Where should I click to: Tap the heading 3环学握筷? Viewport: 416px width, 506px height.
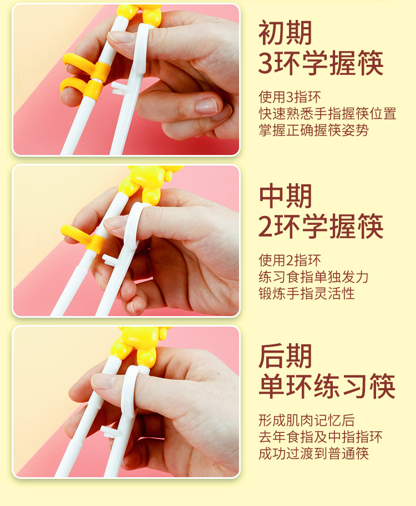click(321, 64)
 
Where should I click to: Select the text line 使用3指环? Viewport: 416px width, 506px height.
click(290, 97)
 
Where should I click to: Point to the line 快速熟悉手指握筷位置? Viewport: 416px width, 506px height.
click(327, 114)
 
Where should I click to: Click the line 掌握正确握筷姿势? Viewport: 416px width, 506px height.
click(313, 131)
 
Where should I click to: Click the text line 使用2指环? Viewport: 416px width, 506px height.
click(290, 260)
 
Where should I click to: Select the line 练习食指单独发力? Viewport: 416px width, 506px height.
click(313, 276)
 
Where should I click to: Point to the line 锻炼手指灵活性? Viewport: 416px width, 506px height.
click(306, 293)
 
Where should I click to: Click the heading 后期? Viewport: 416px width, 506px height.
click(285, 356)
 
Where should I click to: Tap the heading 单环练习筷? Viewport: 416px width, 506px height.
click(327, 386)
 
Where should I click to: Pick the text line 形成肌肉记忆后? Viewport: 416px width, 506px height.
click(306, 420)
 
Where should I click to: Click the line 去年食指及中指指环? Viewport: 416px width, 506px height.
click(320, 437)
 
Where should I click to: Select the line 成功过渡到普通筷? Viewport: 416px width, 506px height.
click(313, 454)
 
